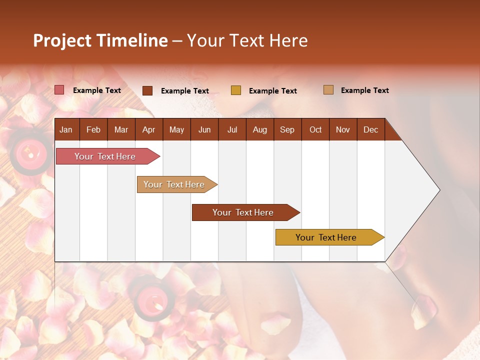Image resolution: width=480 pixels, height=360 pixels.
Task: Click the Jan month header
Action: (66, 129)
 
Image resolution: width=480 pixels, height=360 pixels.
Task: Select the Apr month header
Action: (148, 129)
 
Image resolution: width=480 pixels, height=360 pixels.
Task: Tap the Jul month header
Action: (232, 129)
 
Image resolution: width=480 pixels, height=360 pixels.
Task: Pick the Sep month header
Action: (287, 129)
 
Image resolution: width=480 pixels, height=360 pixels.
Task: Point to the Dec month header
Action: (370, 129)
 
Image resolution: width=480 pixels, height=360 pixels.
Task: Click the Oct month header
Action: (315, 129)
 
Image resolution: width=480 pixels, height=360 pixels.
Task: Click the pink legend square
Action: (59, 90)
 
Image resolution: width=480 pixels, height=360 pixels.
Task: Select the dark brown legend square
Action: (147, 90)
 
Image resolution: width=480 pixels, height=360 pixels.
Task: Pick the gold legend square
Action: (236, 90)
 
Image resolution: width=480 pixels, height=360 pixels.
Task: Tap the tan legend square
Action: (328, 90)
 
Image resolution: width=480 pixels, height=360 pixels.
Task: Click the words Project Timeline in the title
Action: (100, 40)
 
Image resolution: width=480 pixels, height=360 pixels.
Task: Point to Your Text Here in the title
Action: (247, 40)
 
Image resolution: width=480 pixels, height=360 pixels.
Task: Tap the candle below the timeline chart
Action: (151, 298)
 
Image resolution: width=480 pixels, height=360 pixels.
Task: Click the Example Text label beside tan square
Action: (364, 90)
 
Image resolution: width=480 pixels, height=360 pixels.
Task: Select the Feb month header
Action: (93, 129)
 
